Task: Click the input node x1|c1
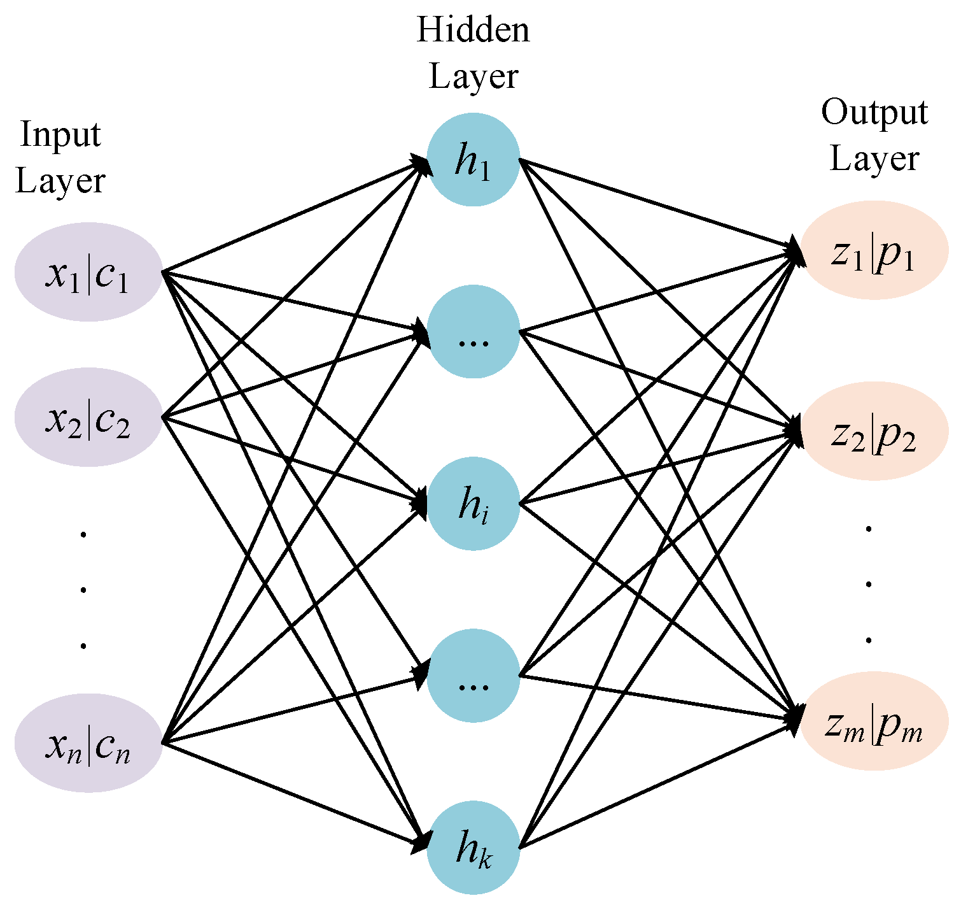[x=88, y=272]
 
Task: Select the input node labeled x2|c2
[x=88, y=418]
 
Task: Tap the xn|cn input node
[x=88, y=743]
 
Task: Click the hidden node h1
[x=473, y=160]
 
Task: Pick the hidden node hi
[x=473, y=504]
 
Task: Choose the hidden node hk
[x=473, y=848]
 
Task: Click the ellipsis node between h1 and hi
[x=473, y=332]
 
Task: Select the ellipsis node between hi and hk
[x=473, y=676]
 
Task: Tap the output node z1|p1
[x=874, y=250]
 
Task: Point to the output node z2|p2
[x=874, y=431]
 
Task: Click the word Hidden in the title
[x=473, y=30]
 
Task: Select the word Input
[x=60, y=134]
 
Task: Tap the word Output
[x=874, y=113]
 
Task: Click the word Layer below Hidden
[x=473, y=76]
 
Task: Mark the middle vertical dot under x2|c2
[x=83, y=590]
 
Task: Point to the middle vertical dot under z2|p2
[x=869, y=583]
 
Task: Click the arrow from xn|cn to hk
[x=293, y=795]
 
